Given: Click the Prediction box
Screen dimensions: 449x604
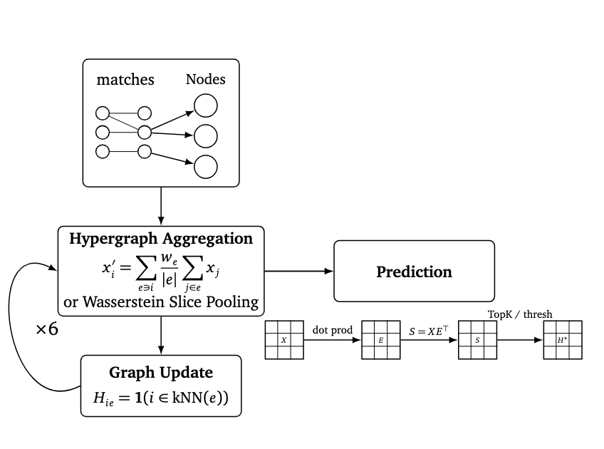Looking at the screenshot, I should point(414,272).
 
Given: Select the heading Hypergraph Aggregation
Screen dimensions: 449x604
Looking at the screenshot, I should point(161,239).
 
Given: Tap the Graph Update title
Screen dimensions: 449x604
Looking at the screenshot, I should point(161,373).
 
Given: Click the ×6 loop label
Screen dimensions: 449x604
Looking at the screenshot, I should point(47,331).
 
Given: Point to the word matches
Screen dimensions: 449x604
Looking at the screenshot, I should point(125,80).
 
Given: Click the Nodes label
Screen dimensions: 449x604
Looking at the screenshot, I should point(205,79).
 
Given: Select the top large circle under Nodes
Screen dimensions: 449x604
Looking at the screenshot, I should point(206,106).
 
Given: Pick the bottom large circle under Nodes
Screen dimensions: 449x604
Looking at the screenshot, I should point(206,166).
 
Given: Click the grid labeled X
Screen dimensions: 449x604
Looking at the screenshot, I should point(283,340).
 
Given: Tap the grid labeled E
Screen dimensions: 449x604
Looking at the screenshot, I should point(380,340).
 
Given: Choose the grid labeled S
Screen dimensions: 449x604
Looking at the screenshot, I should point(477,340).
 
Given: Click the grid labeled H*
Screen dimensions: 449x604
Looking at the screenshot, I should point(563,340).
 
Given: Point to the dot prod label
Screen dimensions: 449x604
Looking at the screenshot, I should point(333,330).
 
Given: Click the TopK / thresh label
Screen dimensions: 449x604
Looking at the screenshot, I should point(520,314).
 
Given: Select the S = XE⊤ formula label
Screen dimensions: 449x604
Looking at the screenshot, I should point(428,330).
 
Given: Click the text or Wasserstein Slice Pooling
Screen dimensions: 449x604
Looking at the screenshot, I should point(161,301).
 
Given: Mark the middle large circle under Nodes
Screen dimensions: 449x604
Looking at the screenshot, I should point(206,135).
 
